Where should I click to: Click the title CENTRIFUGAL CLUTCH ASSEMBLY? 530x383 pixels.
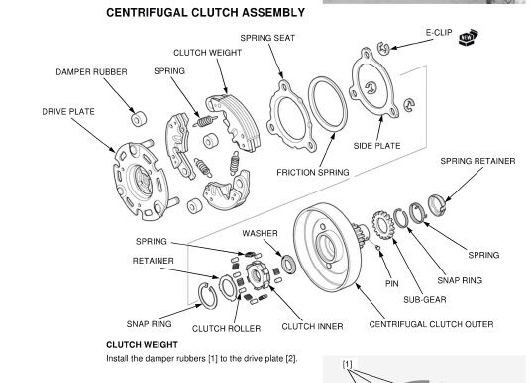(205, 13)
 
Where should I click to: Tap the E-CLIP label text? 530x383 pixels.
(439, 32)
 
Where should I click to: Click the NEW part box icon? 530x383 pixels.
(469, 38)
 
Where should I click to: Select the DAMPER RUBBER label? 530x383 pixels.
(91, 72)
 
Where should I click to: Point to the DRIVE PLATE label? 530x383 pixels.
(68, 112)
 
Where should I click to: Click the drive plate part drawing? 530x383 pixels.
(140, 182)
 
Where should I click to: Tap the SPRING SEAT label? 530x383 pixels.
(267, 38)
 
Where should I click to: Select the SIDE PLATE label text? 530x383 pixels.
(376, 146)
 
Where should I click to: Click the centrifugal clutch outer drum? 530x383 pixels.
(326, 246)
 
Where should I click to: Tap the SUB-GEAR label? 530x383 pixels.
(425, 300)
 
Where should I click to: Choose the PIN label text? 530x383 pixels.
(392, 283)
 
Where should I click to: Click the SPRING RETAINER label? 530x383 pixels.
(477, 161)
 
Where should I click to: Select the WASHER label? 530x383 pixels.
(260, 233)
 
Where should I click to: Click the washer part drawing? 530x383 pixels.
(289, 265)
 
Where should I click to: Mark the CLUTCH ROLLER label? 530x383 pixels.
(226, 329)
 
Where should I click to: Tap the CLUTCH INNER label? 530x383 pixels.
(312, 326)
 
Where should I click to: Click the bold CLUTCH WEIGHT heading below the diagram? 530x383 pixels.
(142, 345)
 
